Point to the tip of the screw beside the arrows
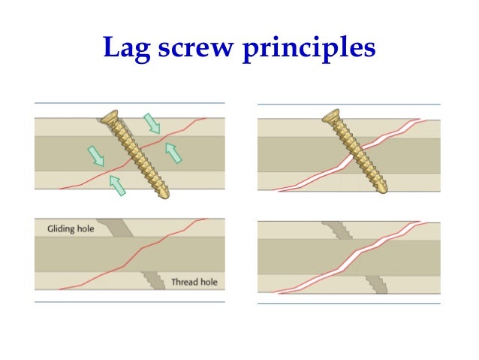point(164,194)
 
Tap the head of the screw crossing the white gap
point(331,116)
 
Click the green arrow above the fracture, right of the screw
point(151,122)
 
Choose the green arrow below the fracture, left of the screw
point(117,184)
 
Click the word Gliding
point(64,228)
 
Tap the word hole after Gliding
point(85,228)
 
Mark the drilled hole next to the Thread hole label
point(155,280)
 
